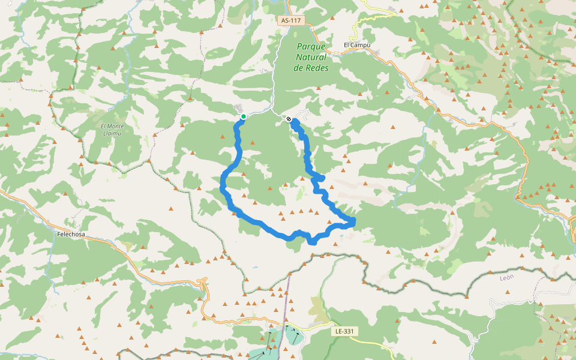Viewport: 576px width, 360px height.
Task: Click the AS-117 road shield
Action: (292, 20)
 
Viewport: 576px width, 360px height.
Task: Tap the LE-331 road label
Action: (345, 331)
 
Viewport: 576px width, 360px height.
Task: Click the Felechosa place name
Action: (73, 235)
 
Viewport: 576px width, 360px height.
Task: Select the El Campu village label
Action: (357, 45)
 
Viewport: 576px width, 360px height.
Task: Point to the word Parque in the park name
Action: (311, 46)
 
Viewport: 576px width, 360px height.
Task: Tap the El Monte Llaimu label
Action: (112, 130)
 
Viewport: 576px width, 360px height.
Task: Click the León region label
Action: (507, 277)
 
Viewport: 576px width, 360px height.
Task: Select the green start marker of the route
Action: (244, 116)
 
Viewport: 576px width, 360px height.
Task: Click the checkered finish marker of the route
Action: (289, 119)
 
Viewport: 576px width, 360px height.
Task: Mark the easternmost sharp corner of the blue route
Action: (355, 222)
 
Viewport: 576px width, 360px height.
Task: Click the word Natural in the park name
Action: (311, 57)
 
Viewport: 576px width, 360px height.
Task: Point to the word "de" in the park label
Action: (299, 68)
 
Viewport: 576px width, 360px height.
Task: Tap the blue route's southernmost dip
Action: (312, 242)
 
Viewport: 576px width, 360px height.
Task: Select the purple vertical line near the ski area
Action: (286, 300)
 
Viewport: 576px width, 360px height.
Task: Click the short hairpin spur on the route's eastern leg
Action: (321, 178)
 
